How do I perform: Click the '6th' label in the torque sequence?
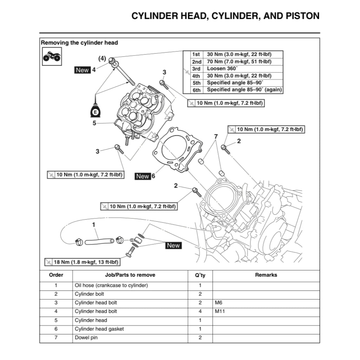pyautogui.click(x=197, y=90)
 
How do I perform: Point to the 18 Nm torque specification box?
pyautogui.click(x=82, y=262)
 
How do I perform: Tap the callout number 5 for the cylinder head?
pyautogui.click(x=94, y=123)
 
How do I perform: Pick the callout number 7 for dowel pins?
pyautogui.click(x=216, y=136)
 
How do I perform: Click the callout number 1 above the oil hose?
pyautogui.click(x=94, y=224)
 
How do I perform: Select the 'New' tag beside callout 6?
pyautogui.click(x=143, y=176)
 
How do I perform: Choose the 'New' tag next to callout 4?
pyautogui.click(x=82, y=70)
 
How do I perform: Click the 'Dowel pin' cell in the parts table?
pyautogui.click(x=86, y=338)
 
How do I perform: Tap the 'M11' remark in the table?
pyautogui.click(x=220, y=311)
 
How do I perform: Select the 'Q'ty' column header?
pyautogui.click(x=200, y=275)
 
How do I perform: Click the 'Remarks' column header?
pyautogui.click(x=266, y=275)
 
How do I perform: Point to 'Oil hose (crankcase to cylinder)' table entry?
pyautogui.click(x=111, y=285)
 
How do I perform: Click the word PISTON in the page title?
pyautogui.click(x=302, y=16)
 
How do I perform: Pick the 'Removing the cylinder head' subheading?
pyautogui.click(x=79, y=43)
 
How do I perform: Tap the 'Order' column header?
pyautogui.click(x=56, y=275)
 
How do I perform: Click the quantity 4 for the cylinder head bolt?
pyautogui.click(x=200, y=311)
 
